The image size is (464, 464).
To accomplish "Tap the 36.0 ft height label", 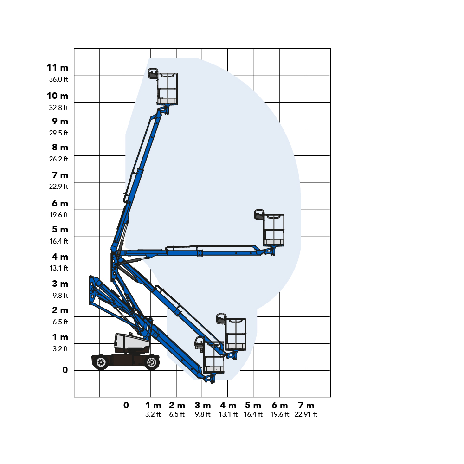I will pos(58,79).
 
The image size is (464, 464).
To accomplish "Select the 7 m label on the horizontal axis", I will pos(306,406).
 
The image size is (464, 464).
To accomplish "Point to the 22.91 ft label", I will pos(306,414).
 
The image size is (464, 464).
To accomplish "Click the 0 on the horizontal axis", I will pos(126,406).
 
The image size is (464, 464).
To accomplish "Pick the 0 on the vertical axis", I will pos(65,370).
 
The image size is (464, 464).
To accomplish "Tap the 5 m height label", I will pos(60,230).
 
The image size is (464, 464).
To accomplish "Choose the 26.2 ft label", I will pos(58,159).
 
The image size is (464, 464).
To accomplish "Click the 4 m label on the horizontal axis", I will pos(228,406).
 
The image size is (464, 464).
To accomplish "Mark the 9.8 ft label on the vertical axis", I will pos(59,296).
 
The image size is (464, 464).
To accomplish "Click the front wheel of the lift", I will pos(151,362).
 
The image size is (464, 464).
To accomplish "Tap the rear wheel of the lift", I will pos(101,362).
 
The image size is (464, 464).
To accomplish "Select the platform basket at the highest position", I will pos(168,89).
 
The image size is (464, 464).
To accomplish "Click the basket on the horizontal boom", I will pos(274,230).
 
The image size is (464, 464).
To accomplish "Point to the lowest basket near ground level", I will pos(214,358).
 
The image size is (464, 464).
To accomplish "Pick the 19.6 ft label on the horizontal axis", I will pos(280,414).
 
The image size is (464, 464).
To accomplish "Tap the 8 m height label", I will pos(60,148).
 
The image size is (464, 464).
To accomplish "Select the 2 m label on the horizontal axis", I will pos(177,406).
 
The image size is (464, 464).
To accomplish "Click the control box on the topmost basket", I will pos(153,73).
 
